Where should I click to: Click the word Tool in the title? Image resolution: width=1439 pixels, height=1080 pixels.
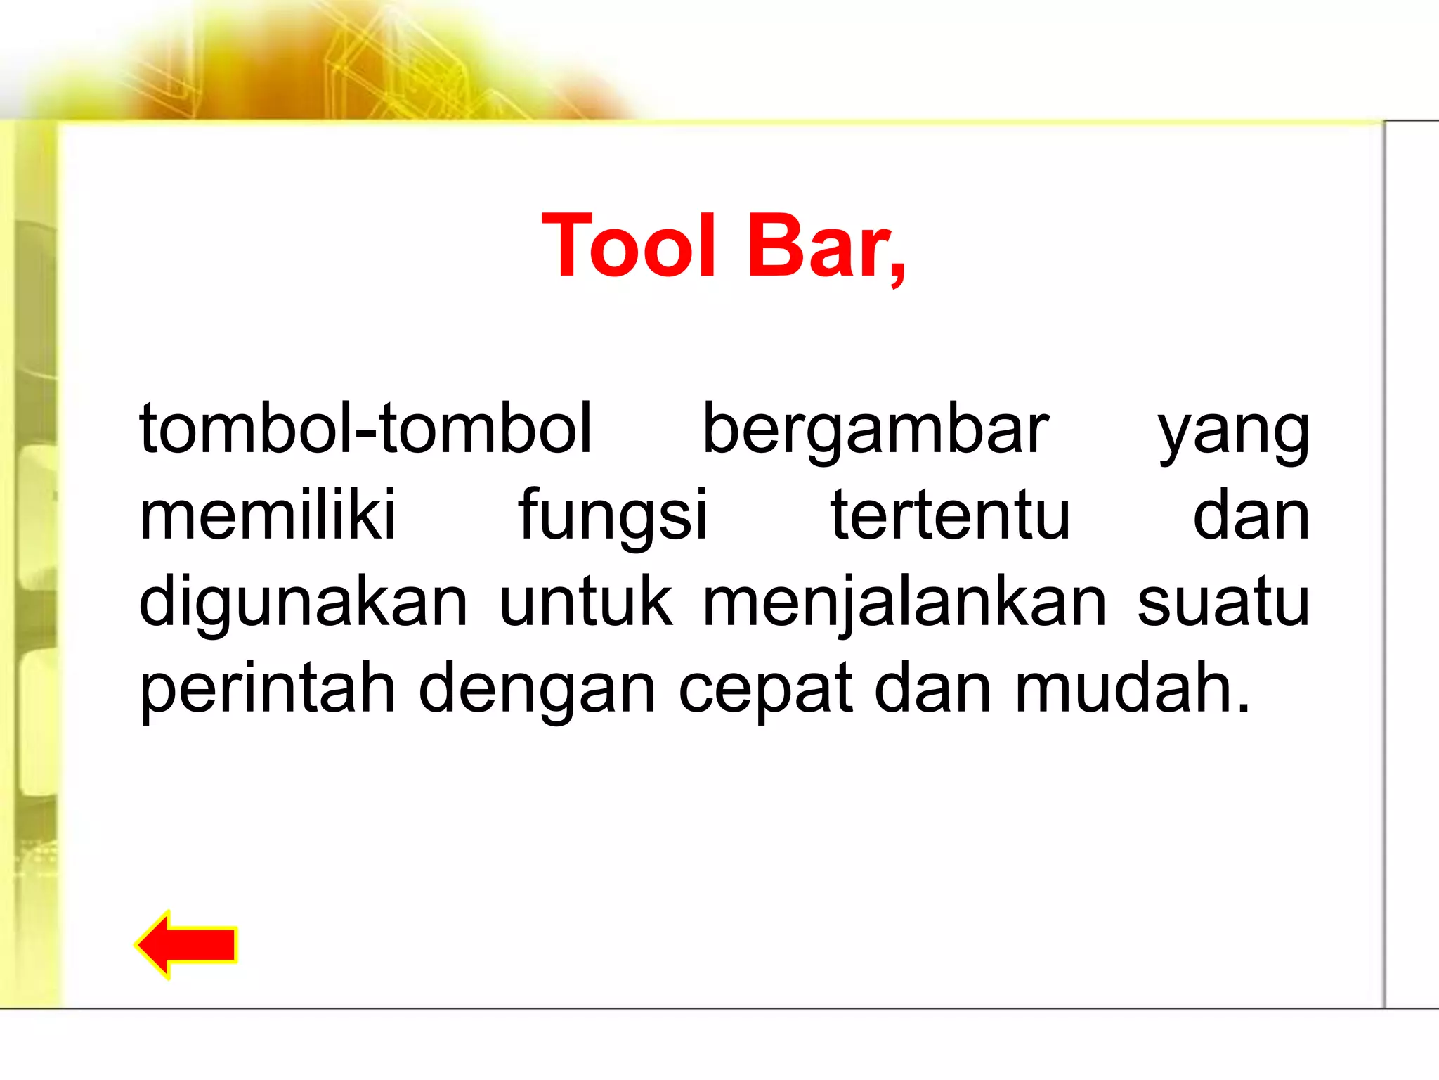pos(629,247)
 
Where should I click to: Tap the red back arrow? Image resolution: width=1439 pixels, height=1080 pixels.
pos(187,944)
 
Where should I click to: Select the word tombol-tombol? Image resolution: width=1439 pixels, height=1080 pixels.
pos(365,428)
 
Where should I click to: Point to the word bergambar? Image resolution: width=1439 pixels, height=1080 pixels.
pos(875,430)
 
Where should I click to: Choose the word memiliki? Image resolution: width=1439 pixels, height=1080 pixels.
pos(268,515)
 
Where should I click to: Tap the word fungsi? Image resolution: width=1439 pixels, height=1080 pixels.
pos(613,517)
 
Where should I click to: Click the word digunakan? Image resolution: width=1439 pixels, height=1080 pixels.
pos(303,603)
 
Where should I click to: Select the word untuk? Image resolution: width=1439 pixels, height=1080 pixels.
pos(585,602)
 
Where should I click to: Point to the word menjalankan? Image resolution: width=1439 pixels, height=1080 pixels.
pos(904,603)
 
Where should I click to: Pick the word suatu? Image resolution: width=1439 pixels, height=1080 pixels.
pos(1223,603)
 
